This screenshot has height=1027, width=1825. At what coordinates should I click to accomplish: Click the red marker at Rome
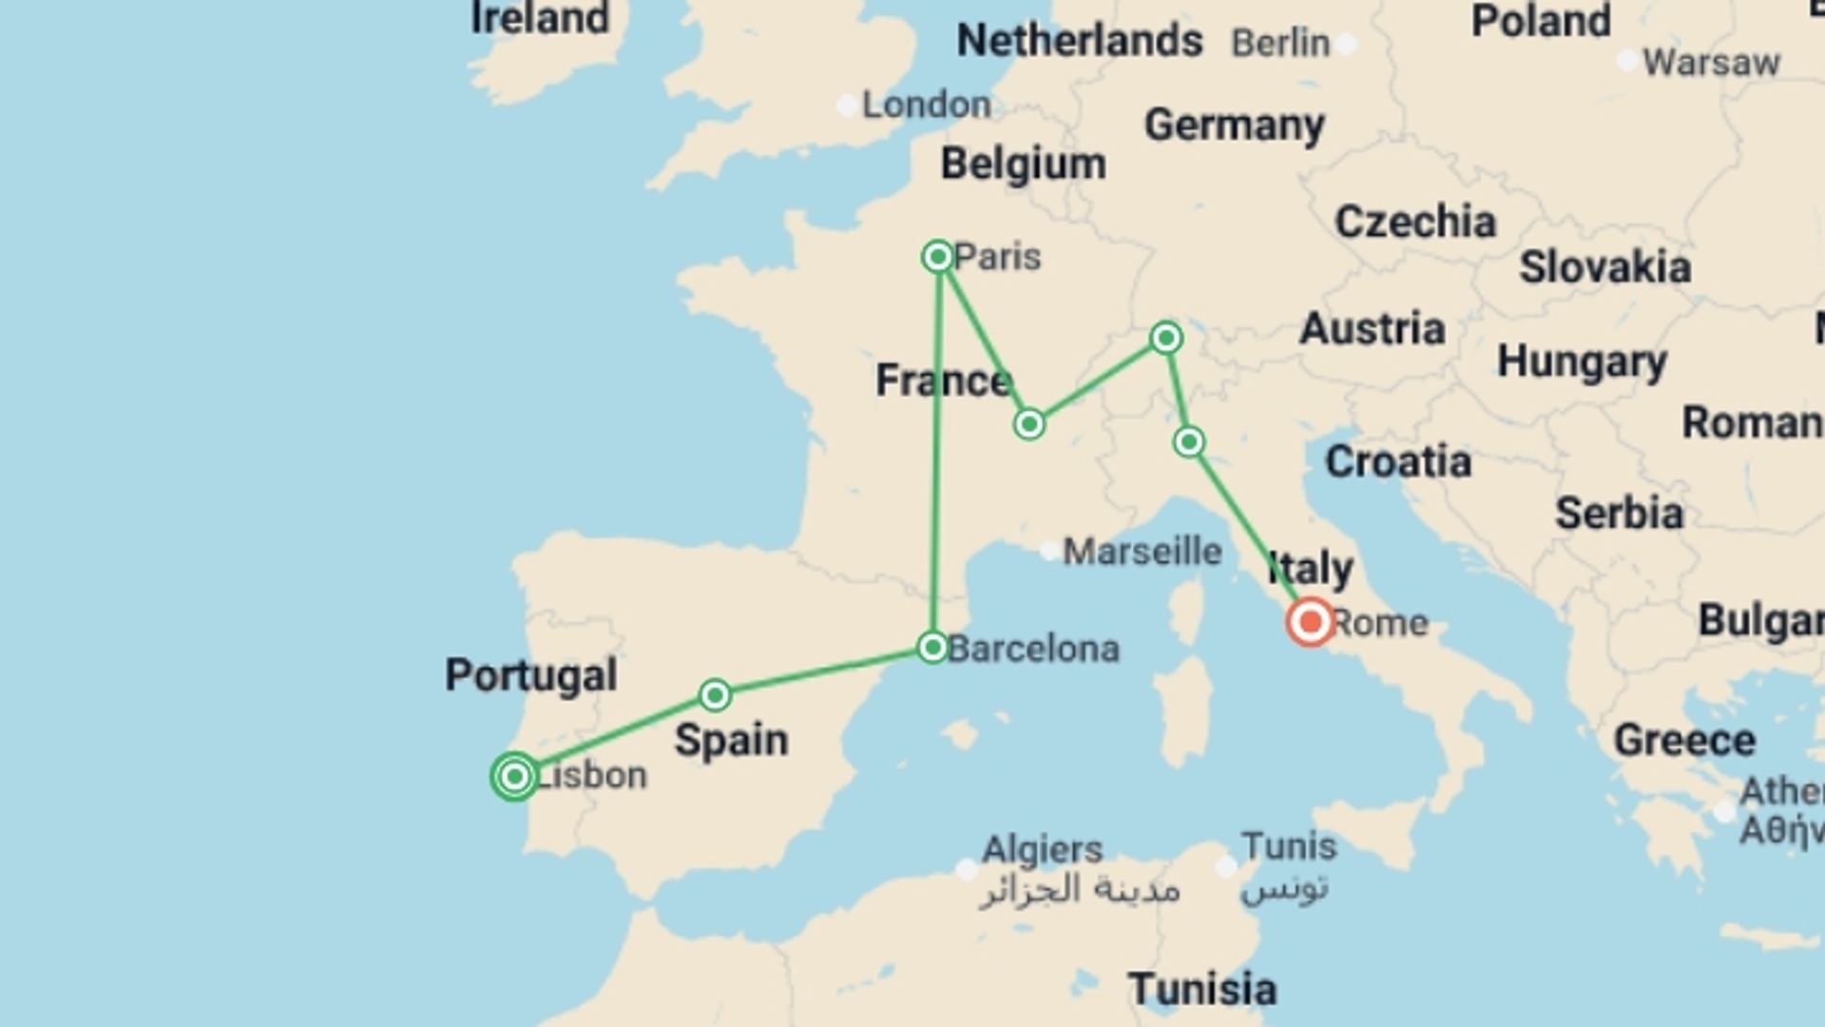pos(1310,622)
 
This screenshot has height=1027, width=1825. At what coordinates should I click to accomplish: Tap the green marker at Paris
pos(938,257)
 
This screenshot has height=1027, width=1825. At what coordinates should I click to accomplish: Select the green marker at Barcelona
pos(932,647)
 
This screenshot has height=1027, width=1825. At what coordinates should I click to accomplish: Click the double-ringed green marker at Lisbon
pos(514,776)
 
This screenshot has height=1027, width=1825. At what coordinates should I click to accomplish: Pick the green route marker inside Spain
pos(715,695)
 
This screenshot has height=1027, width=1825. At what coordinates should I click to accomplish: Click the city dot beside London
pos(846,106)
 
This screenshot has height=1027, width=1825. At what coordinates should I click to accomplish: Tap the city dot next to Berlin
pos(1345,43)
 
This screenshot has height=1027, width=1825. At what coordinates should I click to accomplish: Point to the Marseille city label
pos(1142,551)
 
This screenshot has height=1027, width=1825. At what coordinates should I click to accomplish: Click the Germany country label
pos(1234,125)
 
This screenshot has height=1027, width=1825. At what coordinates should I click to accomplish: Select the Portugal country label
pos(531,675)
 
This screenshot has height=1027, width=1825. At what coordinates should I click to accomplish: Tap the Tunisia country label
pos(1202,989)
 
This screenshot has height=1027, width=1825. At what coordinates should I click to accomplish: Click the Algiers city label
pos(1042,848)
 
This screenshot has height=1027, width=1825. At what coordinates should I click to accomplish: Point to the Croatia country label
pos(1398,462)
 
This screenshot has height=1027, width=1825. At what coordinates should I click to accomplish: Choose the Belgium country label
pos(1023,164)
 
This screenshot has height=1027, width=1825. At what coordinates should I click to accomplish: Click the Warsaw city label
pos(1711,63)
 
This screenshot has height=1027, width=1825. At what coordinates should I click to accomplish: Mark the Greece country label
pos(1684,740)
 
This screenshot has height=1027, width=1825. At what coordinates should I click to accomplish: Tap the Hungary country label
pos(1582,362)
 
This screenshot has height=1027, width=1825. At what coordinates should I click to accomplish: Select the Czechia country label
pos(1415,223)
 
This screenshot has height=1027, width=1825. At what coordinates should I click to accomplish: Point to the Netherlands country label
pos(1079,41)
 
